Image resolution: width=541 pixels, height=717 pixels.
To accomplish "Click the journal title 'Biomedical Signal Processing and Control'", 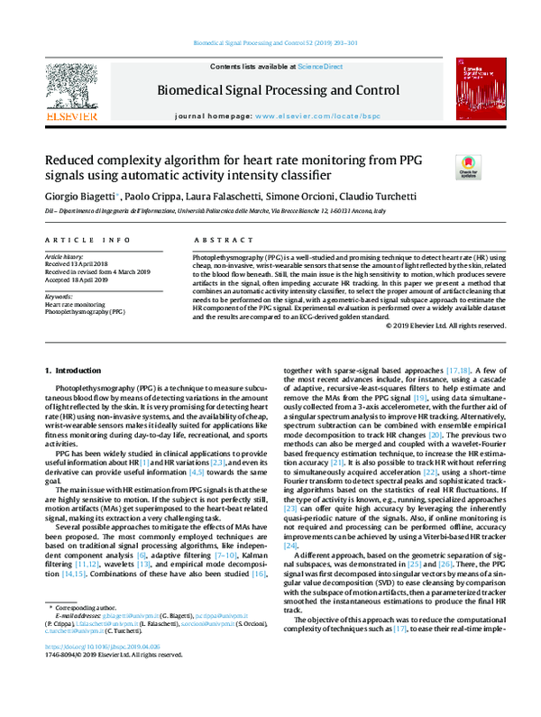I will tap(279, 91).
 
